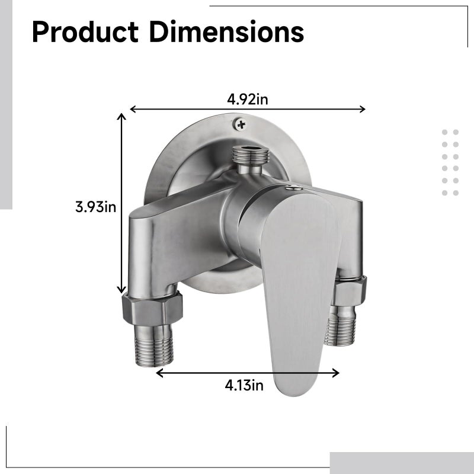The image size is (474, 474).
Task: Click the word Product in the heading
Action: click(x=85, y=32)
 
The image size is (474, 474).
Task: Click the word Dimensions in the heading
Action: click(x=226, y=31)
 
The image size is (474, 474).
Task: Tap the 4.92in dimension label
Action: click(x=248, y=99)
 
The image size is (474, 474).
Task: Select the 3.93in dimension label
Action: click(x=95, y=207)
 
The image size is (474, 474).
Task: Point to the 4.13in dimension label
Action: click(x=244, y=386)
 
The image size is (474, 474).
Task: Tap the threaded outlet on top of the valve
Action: click(x=251, y=156)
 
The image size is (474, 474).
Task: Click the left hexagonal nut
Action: click(x=153, y=308)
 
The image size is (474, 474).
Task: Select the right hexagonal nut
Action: click(x=349, y=291)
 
